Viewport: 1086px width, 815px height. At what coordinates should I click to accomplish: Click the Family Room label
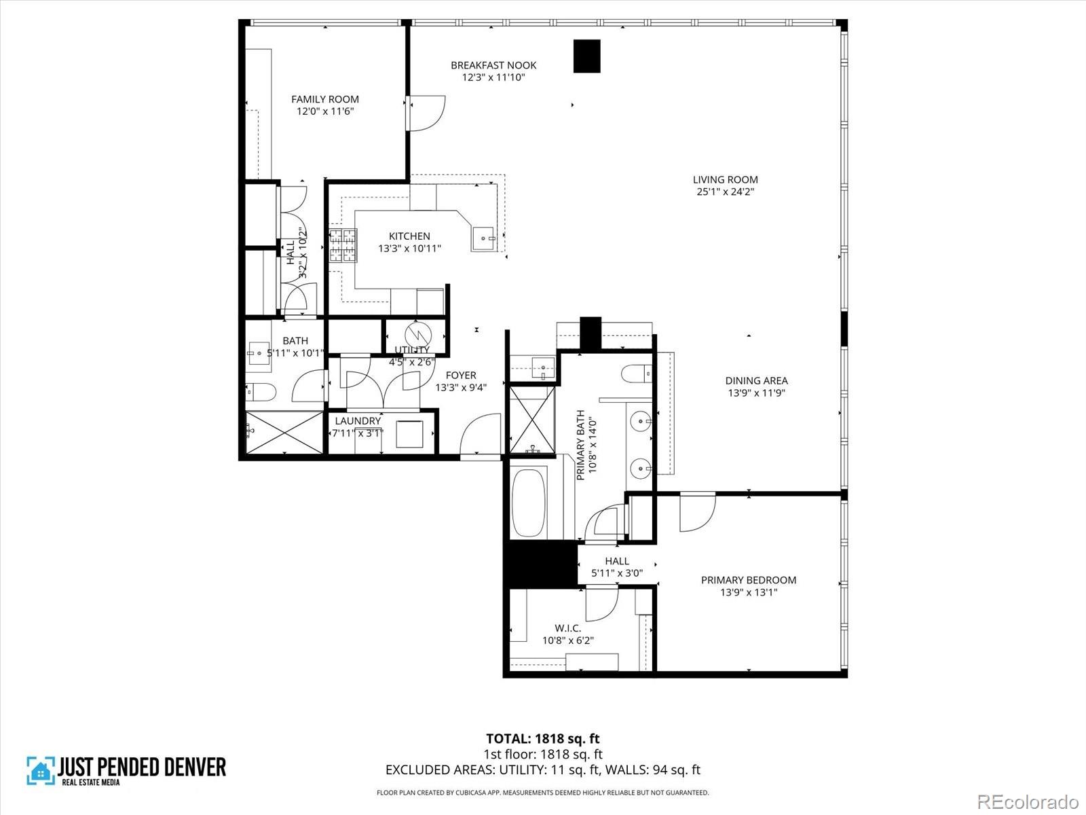coord(325,99)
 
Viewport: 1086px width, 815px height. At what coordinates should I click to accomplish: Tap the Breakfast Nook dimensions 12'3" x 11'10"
coord(493,77)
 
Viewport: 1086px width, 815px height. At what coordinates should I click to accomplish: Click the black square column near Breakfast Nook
coord(587,56)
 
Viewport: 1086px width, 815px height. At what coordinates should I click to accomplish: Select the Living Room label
coord(725,180)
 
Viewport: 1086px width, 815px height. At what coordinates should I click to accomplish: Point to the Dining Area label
coord(756,381)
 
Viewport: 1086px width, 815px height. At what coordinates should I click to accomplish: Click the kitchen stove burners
coord(343,245)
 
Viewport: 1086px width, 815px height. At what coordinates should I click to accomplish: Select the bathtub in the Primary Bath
coord(529,503)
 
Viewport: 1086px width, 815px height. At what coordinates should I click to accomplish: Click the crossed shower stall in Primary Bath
coord(531,420)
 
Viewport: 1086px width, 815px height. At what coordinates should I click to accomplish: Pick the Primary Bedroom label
coord(749,580)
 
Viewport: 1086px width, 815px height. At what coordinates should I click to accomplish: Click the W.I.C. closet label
coord(567,628)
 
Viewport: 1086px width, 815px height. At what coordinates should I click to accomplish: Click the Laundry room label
coord(358,421)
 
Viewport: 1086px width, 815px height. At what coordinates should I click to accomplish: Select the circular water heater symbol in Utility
coord(417,335)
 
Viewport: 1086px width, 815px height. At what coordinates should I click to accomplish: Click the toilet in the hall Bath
coord(261,392)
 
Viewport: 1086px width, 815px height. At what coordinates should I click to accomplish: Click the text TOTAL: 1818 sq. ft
coord(542,738)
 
